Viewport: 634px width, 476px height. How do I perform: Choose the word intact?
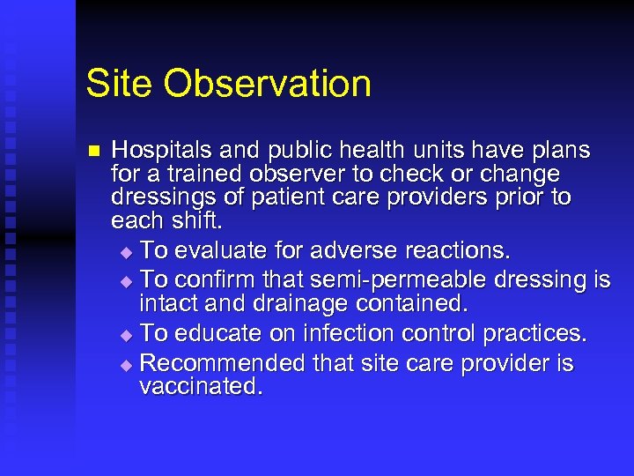(x=166, y=304)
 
